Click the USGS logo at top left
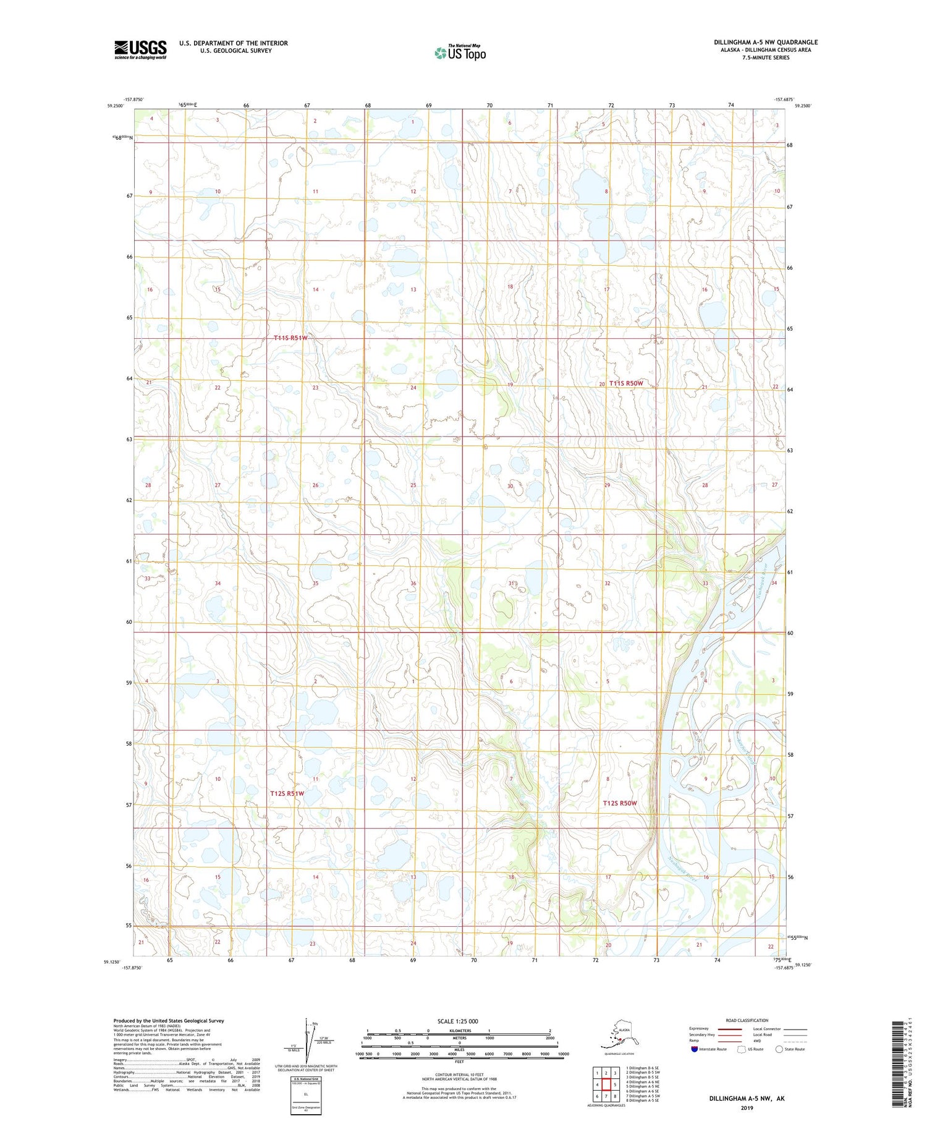(x=140, y=49)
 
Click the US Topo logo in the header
(x=460, y=53)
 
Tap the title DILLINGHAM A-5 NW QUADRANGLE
(x=766, y=42)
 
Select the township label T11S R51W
(x=290, y=338)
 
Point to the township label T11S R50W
(x=626, y=383)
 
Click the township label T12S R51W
(x=287, y=793)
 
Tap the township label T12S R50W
(x=620, y=803)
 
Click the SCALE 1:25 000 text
(x=457, y=1021)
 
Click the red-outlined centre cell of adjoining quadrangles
(x=606, y=1084)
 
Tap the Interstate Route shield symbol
(x=695, y=1049)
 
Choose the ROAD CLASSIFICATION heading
(x=747, y=1020)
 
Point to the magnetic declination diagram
(x=309, y=1038)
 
